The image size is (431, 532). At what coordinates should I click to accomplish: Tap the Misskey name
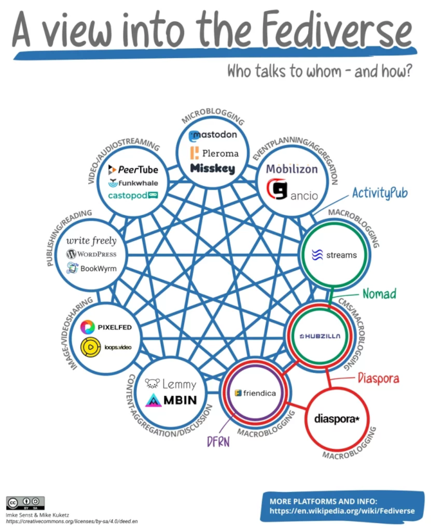pos(213,169)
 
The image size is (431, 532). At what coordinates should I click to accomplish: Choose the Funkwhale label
pos(133,183)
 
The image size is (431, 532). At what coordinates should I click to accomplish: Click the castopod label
pos(133,195)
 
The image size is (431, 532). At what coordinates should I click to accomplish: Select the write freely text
pos(91,241)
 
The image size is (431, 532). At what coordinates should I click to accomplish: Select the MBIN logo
pos(170,400)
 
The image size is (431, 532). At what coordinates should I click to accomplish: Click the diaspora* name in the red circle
pos(337,419)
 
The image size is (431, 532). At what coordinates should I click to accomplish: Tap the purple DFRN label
pos(217,442)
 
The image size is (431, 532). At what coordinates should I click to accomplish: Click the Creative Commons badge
pos(25,503)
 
